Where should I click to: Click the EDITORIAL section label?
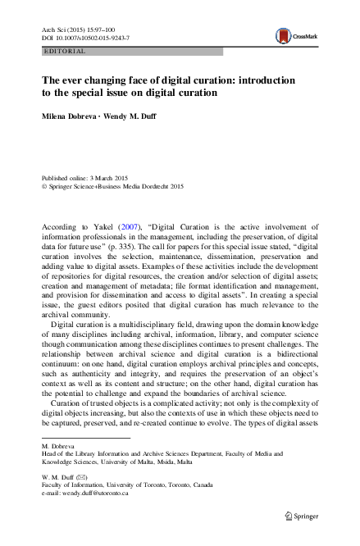[62, 51]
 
